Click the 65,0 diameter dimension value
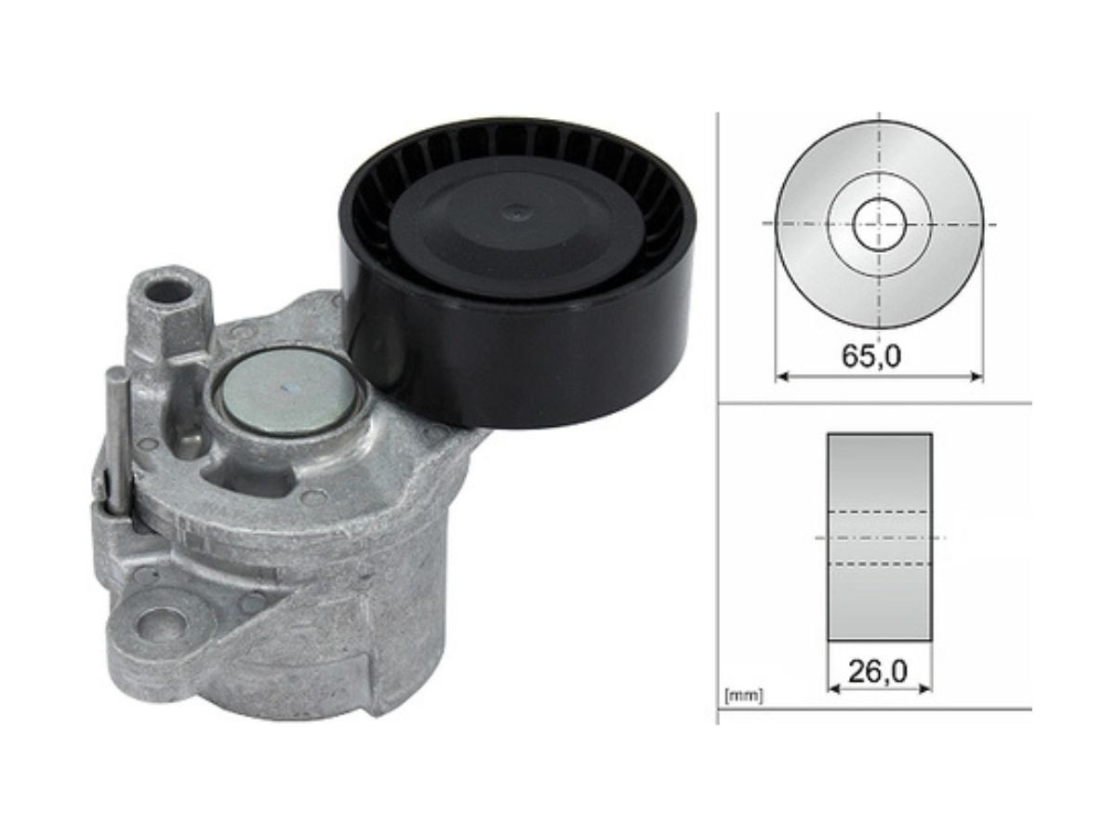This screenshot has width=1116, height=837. pyautogui.click(x=870, y=356)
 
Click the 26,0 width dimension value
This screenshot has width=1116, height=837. pyautogui.click(x=877, y=671)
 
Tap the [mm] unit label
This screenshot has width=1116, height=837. pyautogui.click(x=743, y=697)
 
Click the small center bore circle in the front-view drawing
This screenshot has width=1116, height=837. pyautogui.click(x=880, y=224)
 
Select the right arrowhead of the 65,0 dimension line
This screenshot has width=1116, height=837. pyautogui.click(x=976, y=377)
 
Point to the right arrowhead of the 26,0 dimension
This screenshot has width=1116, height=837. pyautogui.click(x=925, y=689)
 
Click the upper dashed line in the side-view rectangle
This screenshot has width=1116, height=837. pyautogui.click(x=880, y=511)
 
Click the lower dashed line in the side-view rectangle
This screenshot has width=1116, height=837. pyautogui.click(x=880, y=564)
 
